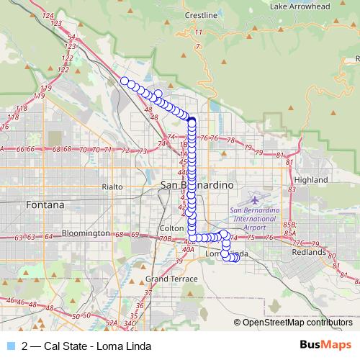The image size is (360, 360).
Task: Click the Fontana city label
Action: coord(45,204)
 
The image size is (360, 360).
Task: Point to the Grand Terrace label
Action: coord(166,278)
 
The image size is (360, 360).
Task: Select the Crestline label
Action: coord(201,15)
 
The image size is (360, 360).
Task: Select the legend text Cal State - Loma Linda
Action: coord(86,346)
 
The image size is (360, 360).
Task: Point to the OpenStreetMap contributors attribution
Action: coord(296,322)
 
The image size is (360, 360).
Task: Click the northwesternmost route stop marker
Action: coord(124,81)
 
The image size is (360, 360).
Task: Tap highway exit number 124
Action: coord(48,15)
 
